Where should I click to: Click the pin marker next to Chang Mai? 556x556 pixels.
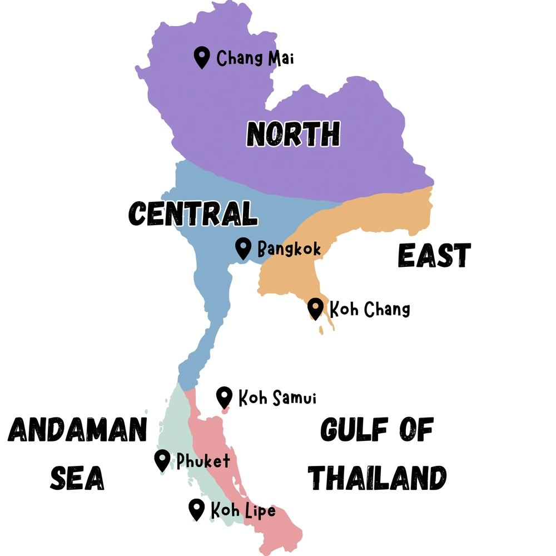pyautogui.click(x=201, y=57)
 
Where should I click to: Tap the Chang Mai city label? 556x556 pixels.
pyautogui.click(x=255, y=58)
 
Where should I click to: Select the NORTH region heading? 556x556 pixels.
pyautogui.click(x=293, y=134)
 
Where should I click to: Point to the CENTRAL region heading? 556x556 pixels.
pyautogui.click(x=193, y=214)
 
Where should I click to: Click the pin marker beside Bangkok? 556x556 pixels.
pyautogui.click(x=243, y=247)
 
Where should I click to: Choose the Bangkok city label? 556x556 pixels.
pyautogui.click(x=289, y=249)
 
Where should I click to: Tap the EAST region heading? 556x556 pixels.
pyautogui.click(x=434, y=256)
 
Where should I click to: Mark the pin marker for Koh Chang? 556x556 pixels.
pyautogui.click(x=315, y=308)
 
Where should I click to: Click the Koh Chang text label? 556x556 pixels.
pyautogui.click(x=370, y=309)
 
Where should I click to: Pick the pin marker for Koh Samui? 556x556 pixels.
pyautogui.click(x=224, y=397)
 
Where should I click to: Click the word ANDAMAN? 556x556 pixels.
pyautogui.click(x=78, y=430)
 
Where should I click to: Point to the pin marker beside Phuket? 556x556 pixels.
pyautogui.click(x=162, y=460)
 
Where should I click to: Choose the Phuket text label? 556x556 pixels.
pyautogui.click(x=203, y=461)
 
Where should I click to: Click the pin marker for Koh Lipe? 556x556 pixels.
pyautogui.click(x=196, y=509)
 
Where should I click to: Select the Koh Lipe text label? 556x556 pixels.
pyautogui.click(x=243, y=510)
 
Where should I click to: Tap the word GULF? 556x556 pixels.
pyautogui.click(x=350, y=430)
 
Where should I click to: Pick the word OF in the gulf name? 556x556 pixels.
pyautogui.click(x=413, y=430)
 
